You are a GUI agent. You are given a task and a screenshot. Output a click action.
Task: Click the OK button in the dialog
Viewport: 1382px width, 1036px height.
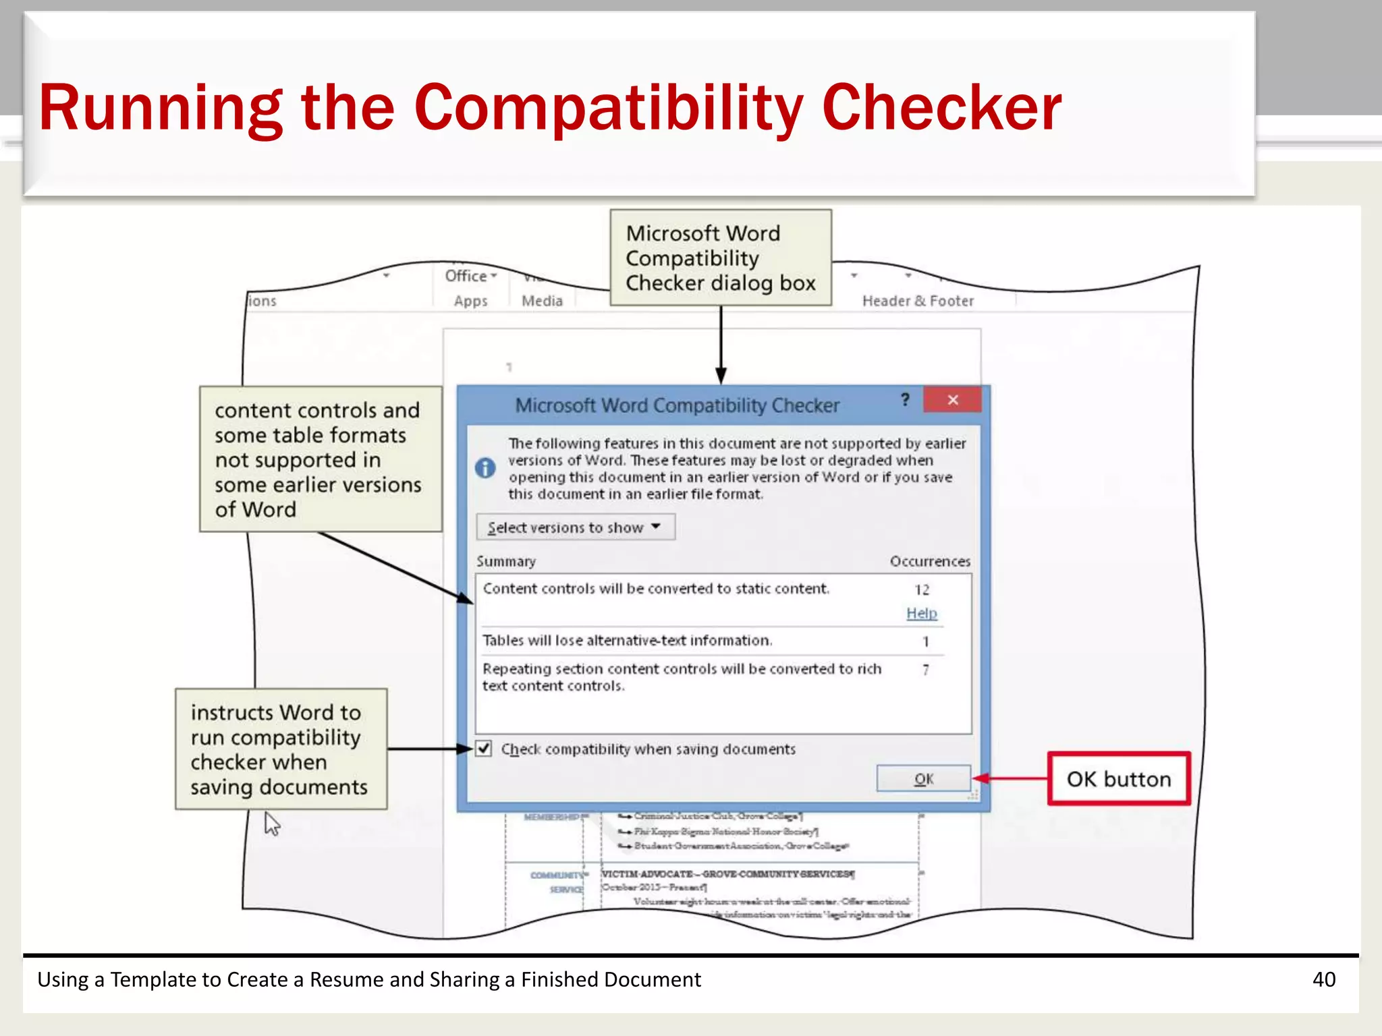click(923, 779)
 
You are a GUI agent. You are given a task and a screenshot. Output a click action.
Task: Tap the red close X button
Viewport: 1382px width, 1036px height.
click(952, 400)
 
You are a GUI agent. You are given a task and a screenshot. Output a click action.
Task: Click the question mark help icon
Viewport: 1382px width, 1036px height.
click(905, 400)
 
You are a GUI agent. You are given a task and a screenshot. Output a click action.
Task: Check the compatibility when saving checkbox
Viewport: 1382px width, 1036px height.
click(484, 749)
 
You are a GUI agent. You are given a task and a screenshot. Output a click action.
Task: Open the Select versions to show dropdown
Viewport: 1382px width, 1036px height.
click(575, 527)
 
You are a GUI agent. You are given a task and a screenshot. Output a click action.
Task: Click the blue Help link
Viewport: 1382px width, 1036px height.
click(921, 613)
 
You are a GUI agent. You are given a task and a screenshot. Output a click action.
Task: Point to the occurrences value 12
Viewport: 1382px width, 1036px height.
click(922, 590)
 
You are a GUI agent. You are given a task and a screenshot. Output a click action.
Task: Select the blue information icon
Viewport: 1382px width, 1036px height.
click(485, 467)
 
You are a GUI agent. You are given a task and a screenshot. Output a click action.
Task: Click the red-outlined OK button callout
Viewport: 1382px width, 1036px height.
click(1119, 779)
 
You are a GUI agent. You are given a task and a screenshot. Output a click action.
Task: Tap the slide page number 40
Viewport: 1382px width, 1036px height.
click(1324, 979)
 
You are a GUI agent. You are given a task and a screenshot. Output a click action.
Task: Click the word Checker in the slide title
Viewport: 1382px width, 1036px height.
click(941, 108)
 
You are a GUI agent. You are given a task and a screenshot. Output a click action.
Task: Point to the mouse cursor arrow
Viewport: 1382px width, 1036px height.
click(271, 822)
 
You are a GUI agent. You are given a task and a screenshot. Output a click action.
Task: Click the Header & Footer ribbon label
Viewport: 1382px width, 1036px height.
click(918, 301)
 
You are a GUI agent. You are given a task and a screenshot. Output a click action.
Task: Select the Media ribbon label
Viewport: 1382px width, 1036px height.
click(542, 301)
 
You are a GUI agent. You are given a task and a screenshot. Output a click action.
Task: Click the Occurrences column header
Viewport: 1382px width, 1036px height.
click(930, 561)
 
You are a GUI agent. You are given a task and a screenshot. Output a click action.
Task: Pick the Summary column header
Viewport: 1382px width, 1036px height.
click(506, 561)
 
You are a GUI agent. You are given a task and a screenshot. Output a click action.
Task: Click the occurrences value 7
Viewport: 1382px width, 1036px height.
click(926, 670)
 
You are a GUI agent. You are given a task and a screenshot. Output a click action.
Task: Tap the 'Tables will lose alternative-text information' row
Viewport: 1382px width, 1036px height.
click(628, 641)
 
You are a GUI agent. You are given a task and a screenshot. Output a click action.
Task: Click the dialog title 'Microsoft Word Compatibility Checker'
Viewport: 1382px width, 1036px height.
click(677, 405)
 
